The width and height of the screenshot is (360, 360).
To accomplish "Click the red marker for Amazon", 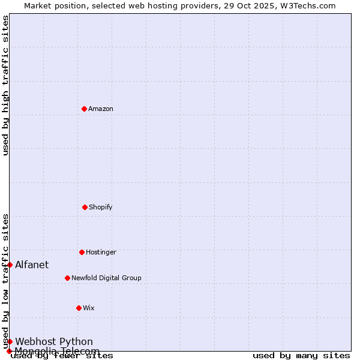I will [x=84, y=109].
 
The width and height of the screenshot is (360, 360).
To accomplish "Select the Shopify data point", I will [x=85, y=207].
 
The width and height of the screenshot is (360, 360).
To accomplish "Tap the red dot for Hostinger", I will [x=82, y=252].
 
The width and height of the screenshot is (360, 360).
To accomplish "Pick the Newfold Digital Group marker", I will [x=67, y=278].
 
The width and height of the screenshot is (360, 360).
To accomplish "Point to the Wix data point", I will [x=79, y=308].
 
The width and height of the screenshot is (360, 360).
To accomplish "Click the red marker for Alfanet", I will [x=10, y=265].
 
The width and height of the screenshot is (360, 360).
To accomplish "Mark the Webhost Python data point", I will [x=10, y=341].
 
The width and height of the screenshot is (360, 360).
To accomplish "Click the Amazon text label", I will [x=101, y=109].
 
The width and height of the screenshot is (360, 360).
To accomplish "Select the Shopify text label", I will [x=101, y=208].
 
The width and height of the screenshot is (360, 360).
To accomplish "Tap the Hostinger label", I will [x=101, y=253].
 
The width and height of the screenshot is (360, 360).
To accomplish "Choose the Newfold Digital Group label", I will [x=106, y=278].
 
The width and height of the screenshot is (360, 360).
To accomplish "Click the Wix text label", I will [x=89, y=308].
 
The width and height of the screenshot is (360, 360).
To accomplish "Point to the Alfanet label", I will [x=32, y=265].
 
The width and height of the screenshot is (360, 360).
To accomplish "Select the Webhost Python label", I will [x=54, y=341].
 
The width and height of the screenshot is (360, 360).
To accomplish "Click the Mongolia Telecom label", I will [x=57, y=350].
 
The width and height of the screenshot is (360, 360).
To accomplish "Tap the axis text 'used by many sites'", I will [x=301, y=356].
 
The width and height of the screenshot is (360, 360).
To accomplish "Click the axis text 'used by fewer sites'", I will [x=62, y=356].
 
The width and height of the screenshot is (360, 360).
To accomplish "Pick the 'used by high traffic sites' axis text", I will [x=5, y=86].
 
